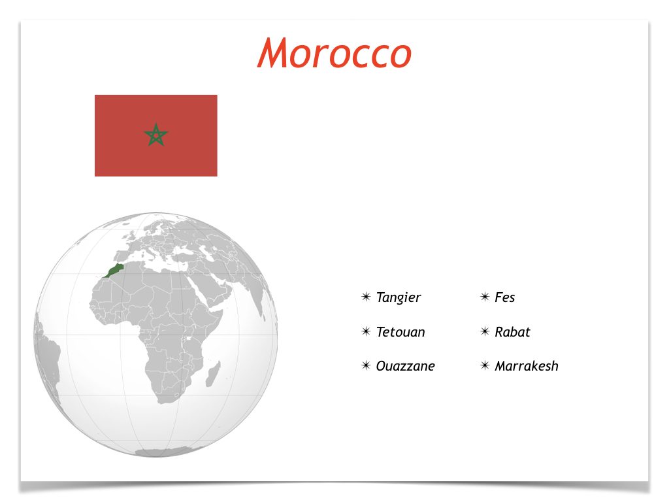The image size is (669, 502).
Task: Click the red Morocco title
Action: coord(334,53)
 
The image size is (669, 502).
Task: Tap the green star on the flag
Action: coord(156,135)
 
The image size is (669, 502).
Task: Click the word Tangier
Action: coord(399,297)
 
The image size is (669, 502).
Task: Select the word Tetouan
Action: coord(400,331)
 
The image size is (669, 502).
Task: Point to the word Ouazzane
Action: coord(405,366)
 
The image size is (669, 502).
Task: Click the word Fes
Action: coord(505,297)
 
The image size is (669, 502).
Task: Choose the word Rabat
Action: coord(512,331)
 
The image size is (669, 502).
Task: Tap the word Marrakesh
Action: coord(527,366)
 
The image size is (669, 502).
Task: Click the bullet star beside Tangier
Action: coord(366,297)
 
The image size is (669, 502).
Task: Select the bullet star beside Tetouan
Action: coord(366,331)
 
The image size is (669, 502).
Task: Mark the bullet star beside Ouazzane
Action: coord(366,365)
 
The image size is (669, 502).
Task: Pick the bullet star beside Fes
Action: coord(485,297)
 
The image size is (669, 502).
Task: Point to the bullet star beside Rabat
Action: coord(485,331)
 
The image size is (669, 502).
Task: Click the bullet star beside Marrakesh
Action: coord(485,365)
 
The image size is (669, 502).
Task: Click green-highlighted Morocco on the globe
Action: coord(114,270)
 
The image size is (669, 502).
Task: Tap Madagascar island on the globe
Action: coord(214,373)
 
